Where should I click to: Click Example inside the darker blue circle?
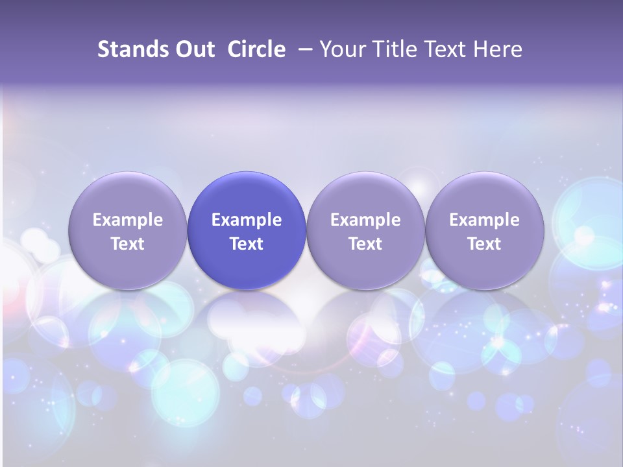click(247, 220)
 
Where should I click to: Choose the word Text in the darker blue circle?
click(247, 244)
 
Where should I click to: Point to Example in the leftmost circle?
click(128, 220)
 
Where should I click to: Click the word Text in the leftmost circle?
click(128, 244)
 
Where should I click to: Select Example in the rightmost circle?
click(484, 220)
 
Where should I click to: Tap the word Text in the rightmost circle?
click(484, 244)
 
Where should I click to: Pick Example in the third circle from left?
click(365, 220)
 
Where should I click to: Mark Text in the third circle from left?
click(365, 244)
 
